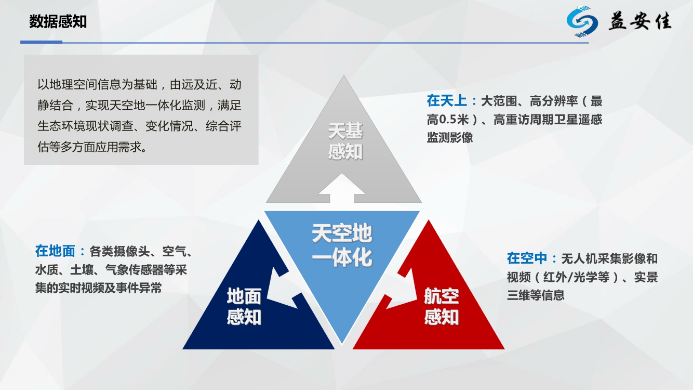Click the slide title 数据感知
58,22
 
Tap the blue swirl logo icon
582,21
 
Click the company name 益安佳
640,21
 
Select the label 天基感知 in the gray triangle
345,141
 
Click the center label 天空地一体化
342,245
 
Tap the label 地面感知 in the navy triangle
244,306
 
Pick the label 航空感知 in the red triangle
442,306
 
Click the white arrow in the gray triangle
342,188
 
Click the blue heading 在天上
447,101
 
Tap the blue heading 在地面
55,251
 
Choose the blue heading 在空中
527,258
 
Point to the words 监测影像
450,137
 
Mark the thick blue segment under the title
41,42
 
